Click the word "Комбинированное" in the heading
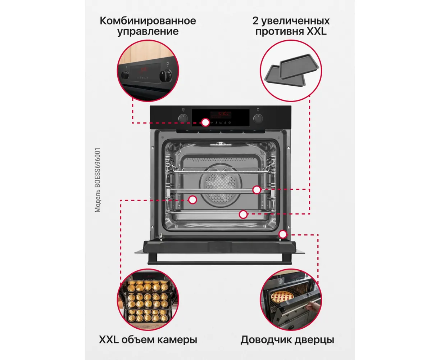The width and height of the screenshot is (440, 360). point(148,21)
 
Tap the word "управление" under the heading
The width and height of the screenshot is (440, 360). point(148,32)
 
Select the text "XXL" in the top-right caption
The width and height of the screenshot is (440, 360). point(317,31)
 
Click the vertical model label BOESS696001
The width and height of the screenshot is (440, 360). point(97,180)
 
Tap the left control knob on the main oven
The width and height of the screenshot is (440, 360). point(183,118)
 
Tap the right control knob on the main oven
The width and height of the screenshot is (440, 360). point(258,118)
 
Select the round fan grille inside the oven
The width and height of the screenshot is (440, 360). point(221,185)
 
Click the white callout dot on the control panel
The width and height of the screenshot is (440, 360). point(205,122)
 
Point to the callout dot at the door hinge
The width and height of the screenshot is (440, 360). point(283,234)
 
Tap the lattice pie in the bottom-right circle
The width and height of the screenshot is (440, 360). point(282,296)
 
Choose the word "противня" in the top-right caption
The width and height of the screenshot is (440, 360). point(279,32)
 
